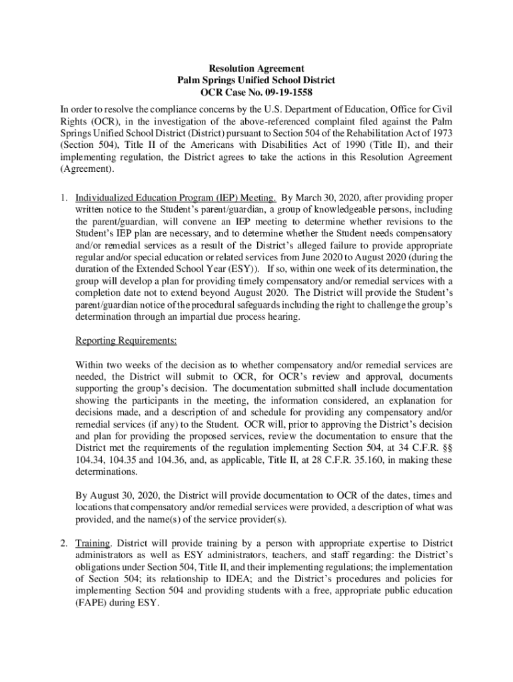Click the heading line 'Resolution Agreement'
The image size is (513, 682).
click(256, 69)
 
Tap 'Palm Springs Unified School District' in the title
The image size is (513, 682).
click(256, 81)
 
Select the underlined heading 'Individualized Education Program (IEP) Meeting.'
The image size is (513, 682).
click(177, 198)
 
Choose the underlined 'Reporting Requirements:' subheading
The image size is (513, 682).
click(127, 341)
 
